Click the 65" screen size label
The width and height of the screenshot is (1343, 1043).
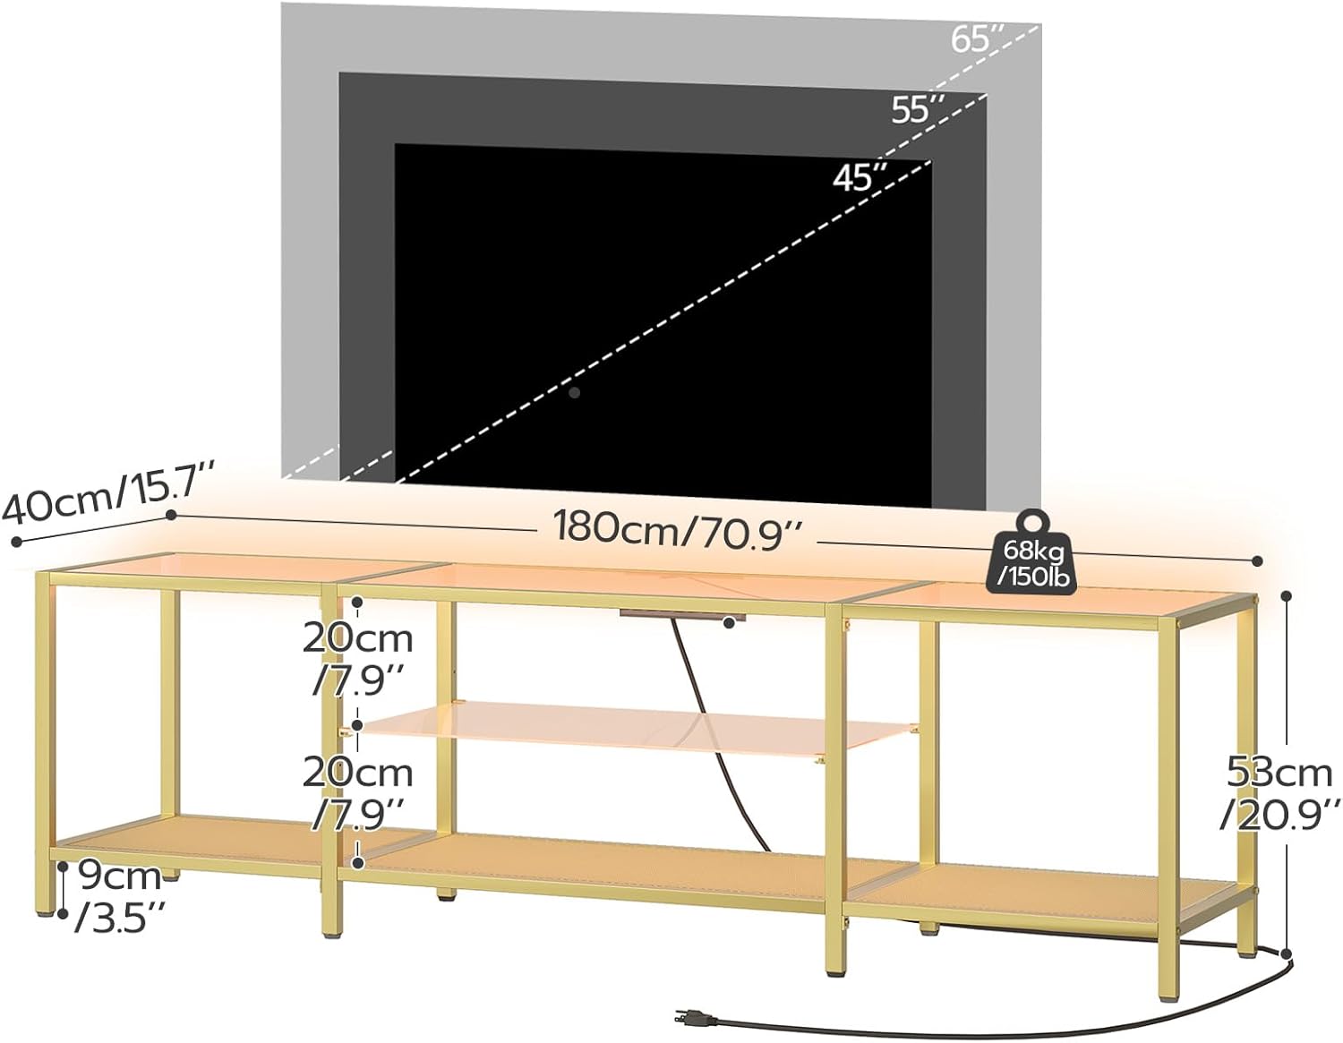coord(978,40)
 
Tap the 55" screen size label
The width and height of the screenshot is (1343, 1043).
coord(918,109)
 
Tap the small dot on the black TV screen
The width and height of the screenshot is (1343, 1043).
coord(575,392)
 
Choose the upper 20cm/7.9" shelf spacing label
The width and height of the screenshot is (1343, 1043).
coord(357,659)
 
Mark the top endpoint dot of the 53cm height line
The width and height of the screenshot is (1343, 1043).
coord(1287,595)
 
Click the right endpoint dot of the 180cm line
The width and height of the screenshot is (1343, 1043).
coord(1257,561)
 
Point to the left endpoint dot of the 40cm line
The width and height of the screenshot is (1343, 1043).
coord(15,541)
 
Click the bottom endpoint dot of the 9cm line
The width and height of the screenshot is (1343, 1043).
coord(63,913)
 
